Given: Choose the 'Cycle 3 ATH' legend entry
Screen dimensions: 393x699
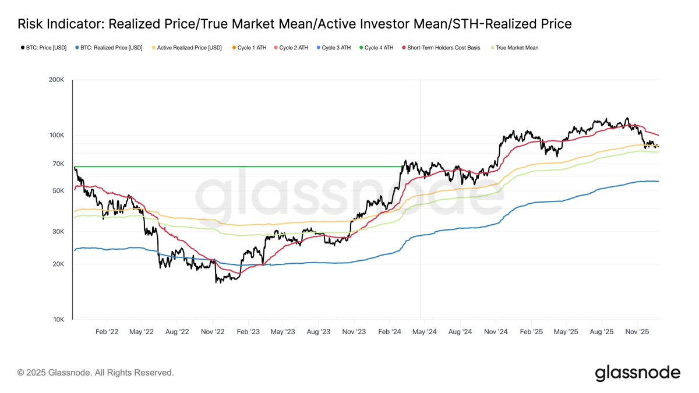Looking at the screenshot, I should coord(333,48).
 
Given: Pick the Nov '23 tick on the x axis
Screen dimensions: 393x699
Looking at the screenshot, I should coord(354,331).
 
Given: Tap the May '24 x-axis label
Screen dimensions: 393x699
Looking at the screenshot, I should coord(425,331).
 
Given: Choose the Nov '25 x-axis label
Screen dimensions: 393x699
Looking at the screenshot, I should coord(637,331).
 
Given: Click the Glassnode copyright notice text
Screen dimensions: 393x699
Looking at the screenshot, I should coord(96,372).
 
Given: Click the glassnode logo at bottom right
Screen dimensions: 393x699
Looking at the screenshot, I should coord(637,373).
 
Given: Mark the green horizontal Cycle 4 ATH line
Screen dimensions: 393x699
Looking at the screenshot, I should coord(233,167).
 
